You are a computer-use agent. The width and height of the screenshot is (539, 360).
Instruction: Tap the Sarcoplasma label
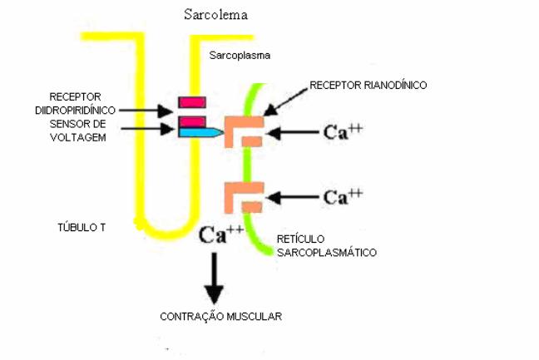pos(241,56)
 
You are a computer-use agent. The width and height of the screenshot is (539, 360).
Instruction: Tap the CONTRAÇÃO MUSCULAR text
pos(220,316)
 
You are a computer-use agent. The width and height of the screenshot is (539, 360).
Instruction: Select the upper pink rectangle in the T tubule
pos(191,102)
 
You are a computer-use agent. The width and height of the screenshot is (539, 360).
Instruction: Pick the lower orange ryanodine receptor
pos(243,197)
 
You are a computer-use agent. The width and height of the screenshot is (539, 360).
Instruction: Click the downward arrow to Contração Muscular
pos(215,279)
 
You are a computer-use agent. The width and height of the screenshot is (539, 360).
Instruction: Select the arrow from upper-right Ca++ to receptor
pos(293,131)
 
